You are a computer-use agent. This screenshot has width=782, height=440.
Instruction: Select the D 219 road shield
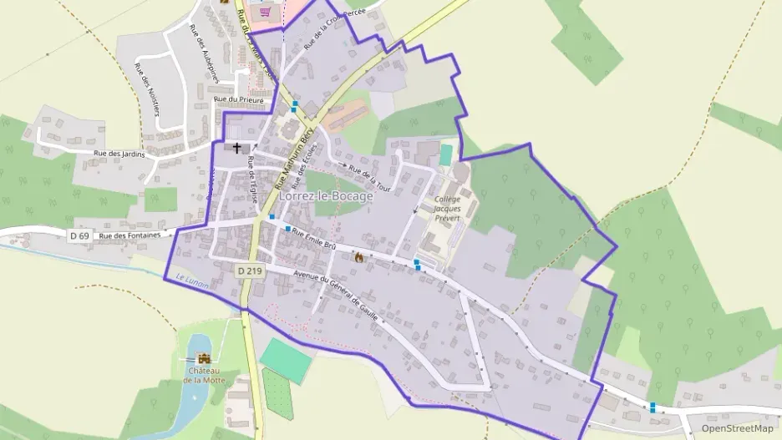coord(248,271)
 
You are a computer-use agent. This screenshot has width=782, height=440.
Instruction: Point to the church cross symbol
coord(237,149)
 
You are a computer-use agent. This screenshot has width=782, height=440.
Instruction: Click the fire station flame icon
coord(359,257)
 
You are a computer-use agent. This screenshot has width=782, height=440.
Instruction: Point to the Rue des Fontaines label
coord(129,236)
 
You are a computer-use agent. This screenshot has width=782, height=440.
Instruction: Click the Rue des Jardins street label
coord(119,154)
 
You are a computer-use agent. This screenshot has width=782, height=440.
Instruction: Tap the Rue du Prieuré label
coord(238,100)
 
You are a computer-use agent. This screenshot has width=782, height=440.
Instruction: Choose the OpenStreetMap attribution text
coord(737,428)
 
